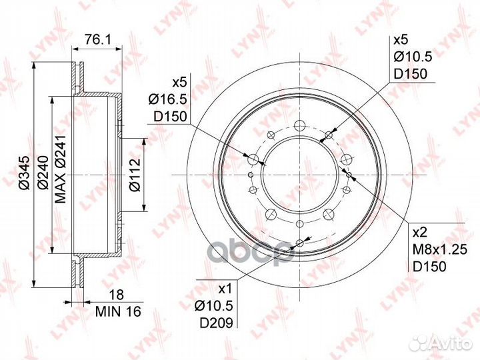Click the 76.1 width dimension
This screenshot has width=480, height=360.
97,39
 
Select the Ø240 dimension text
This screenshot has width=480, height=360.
43,173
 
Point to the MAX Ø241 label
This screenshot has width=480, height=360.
60,169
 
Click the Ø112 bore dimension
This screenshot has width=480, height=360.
135,175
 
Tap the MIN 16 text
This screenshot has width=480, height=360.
118,311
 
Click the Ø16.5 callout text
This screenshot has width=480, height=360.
168,99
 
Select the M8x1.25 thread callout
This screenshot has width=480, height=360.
440,250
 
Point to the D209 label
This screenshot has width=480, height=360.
217,323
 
